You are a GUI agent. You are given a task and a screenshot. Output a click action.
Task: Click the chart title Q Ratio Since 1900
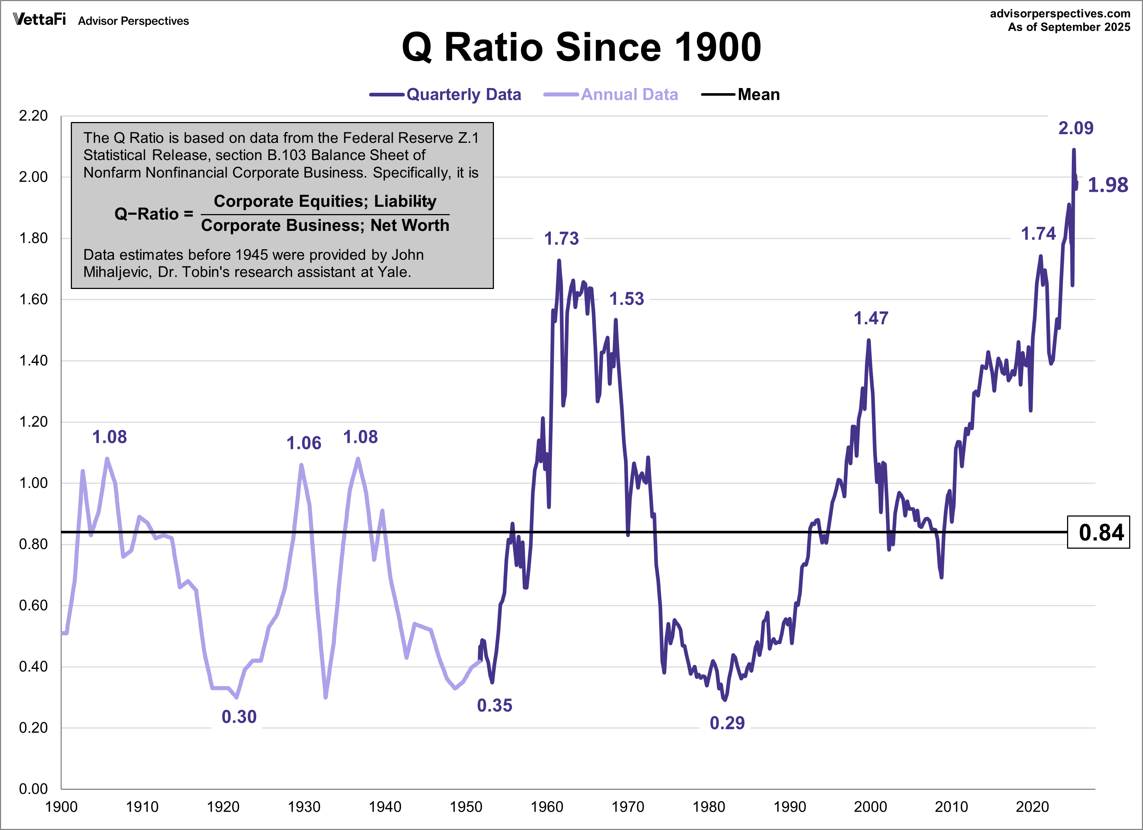pyautogui.click(x=581, y=47)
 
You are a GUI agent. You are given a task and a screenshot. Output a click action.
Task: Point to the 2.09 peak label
pyautogui.click(x=1075, y=128)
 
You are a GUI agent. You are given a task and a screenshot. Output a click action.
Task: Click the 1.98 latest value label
pyautogui.click(x=1107, y=185)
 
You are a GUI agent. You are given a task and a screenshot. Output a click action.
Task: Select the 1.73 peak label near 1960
pyautogui.click(x=561, y=239)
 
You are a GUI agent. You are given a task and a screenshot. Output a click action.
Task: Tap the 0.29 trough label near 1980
pyautogui.click(x=727, y=723)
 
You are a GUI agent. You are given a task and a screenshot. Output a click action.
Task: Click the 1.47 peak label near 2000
pyautogui.click(x=870, y=318)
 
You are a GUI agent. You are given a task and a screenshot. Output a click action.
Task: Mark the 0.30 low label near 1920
pyautogui.click(x=239, y=716)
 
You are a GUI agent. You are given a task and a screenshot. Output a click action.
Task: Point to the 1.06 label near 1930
pyautogui.click(x=303, y=443)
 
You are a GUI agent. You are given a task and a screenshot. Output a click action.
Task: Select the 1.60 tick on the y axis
pyautogui.click(x=33, y=300)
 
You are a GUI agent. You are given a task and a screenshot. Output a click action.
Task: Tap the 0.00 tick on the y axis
pyautogui.click(x=33, y=789)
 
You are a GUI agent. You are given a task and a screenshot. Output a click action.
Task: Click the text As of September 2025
pyautogui.click(x=1069, y=27)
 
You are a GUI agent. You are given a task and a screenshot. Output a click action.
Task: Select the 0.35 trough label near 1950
pyautogui.click(x=494, y=705)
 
